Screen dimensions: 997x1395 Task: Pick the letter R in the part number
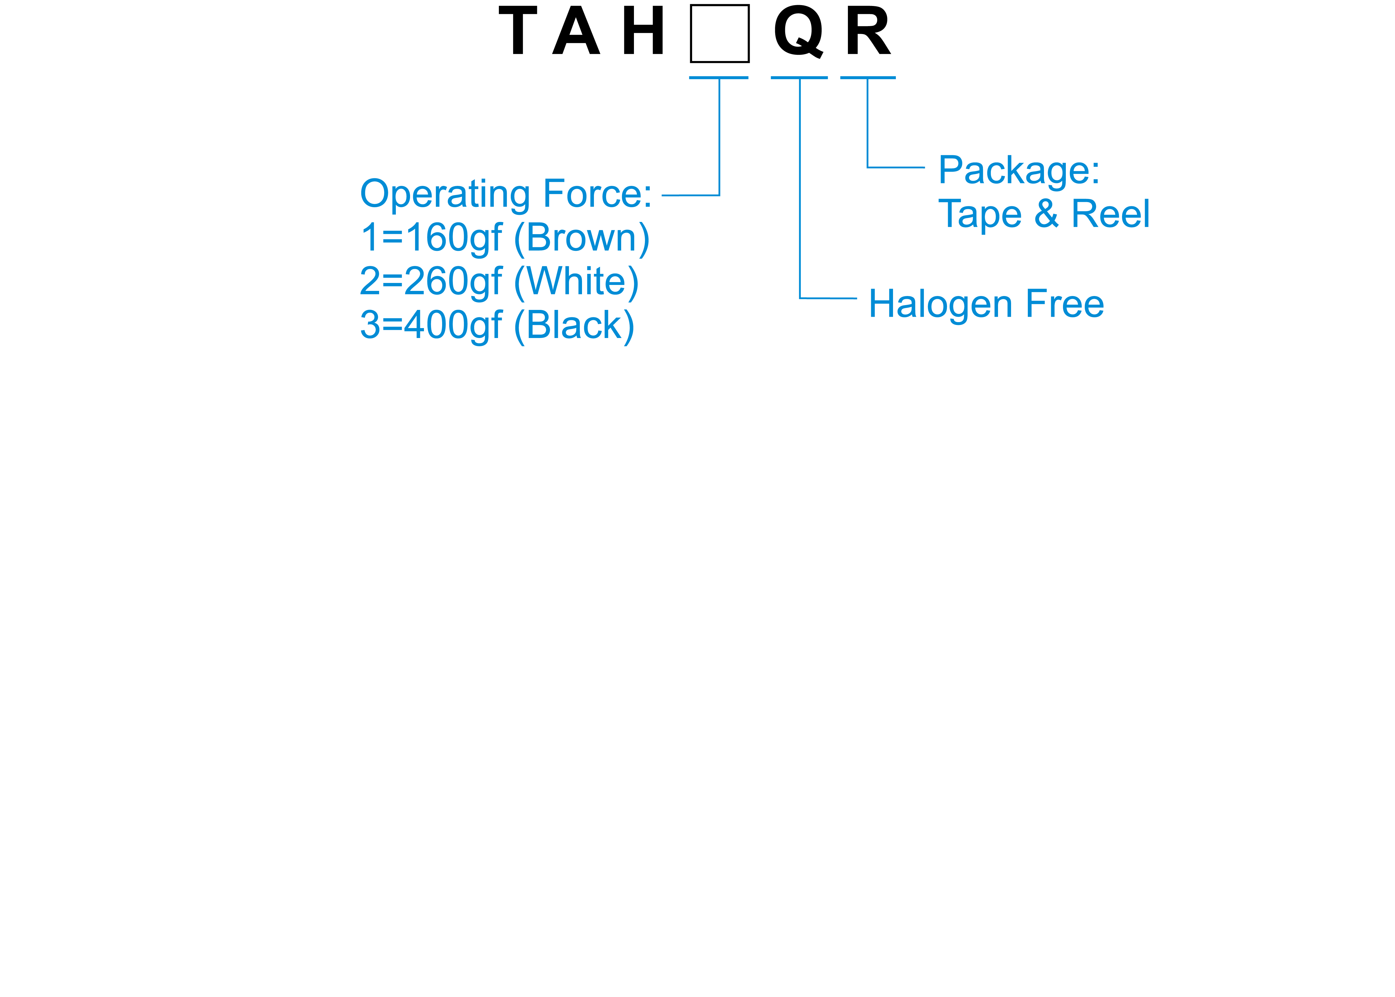tap(867, 31)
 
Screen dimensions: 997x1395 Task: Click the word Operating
tap(445, 195)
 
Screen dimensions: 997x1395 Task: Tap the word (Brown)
tap(581, 238)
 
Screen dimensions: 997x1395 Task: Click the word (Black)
tap(574, 325)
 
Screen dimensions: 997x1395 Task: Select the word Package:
tap(1019, 171)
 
